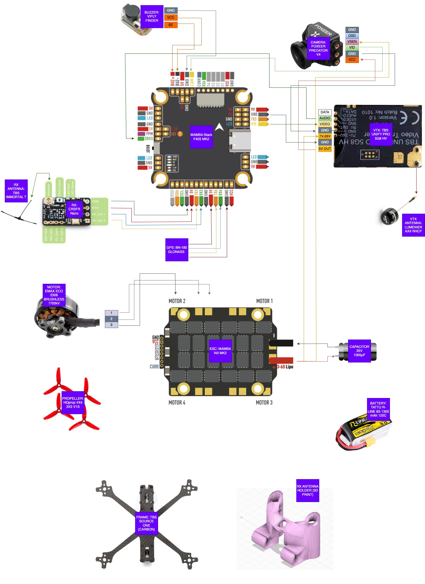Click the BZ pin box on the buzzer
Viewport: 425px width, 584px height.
[x=171, y=25]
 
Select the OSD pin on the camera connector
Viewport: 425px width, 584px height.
[x=352, y=36]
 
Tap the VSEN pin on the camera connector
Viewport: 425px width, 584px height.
[x=352, y=42]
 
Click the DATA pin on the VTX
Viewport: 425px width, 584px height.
[x=325, y=112]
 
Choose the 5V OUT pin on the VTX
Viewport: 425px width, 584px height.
[x=325, y=149]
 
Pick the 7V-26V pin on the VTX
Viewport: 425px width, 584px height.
[x=325, y=136]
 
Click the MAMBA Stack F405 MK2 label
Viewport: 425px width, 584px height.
[x=201, y=137]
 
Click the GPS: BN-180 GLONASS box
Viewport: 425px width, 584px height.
[x=176, y=250]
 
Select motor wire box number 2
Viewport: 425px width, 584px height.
[x=111, y=319]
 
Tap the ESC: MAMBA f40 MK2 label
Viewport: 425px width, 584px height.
[x=220, y=351]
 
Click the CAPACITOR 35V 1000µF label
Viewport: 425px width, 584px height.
[x=359, y=351]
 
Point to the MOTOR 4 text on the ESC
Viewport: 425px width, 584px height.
[x=177, y=403]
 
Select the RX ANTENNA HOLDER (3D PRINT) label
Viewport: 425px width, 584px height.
[x=307, y=490]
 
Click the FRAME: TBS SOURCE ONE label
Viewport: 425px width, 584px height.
[x=146, y=523]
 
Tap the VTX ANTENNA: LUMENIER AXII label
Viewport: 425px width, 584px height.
[x=413, y=225]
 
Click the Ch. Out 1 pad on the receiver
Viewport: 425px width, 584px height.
[x=98, y=214]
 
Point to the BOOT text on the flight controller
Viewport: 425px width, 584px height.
[x=148, y=148]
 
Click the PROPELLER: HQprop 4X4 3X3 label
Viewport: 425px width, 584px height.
[x=73, y=403]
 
